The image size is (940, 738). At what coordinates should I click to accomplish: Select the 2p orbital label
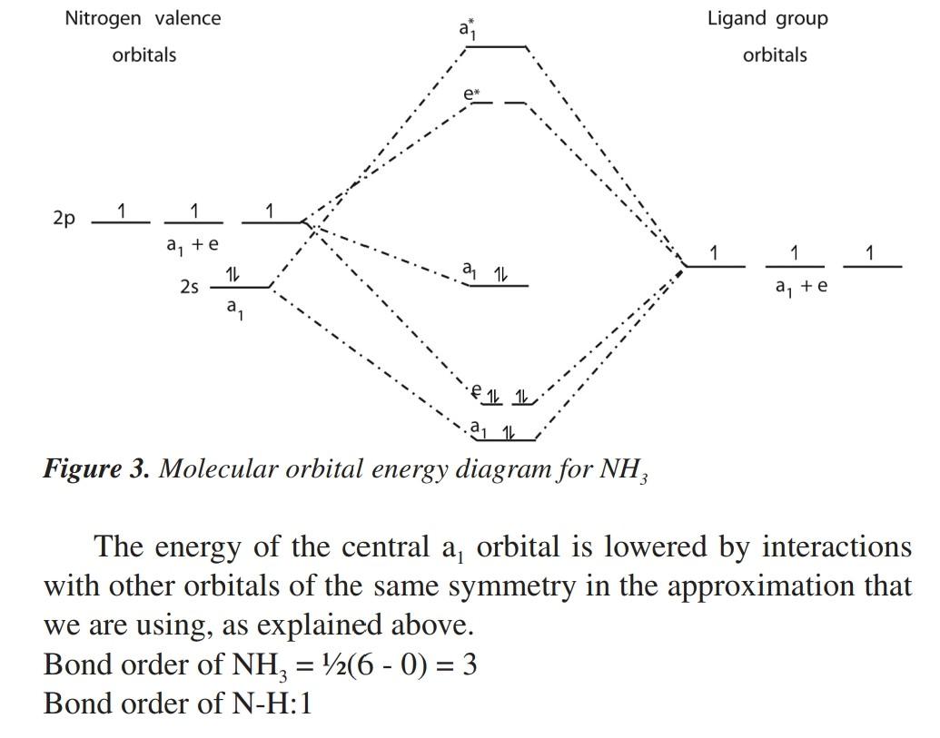click(x=64, y=219)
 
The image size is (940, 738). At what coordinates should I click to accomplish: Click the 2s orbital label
click(x=189, y=287)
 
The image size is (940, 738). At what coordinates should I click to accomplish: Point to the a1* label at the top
click(x=468, y=28)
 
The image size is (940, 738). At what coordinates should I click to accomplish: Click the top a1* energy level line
click(x=495, y=47)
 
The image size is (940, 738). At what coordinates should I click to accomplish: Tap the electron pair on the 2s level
click(x=233, y=274)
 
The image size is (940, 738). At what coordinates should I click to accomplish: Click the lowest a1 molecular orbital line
click(x=505, y=440)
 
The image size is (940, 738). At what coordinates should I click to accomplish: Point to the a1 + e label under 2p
click(x=193, y=245)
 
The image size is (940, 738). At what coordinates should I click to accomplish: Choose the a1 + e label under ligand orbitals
click(x=801, y=287)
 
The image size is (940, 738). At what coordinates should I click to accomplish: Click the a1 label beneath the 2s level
click(x=234, y=309)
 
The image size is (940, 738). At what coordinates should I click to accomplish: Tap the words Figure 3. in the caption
click(x=96, y=469)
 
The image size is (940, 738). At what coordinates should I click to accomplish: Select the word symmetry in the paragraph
click(x=511, y=586)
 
